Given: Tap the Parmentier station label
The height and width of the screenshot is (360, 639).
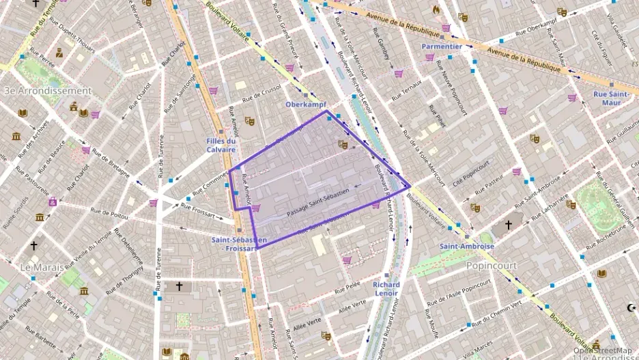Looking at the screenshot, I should [442, 46].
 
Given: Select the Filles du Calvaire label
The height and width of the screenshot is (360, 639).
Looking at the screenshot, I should [221, 145].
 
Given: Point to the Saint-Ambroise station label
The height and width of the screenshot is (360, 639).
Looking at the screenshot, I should [467, 246].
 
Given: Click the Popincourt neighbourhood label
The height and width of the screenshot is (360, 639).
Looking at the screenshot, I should [491, 265].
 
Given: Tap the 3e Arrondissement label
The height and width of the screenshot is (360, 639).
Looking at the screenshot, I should [47, 90].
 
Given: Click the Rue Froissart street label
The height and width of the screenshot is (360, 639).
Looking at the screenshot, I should [201, 212].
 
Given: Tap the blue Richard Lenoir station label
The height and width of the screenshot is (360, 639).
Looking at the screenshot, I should [386, 288].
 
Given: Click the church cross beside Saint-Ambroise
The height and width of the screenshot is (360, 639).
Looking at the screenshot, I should [508, 225].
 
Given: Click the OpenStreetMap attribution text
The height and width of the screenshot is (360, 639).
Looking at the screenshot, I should [603, 350].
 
